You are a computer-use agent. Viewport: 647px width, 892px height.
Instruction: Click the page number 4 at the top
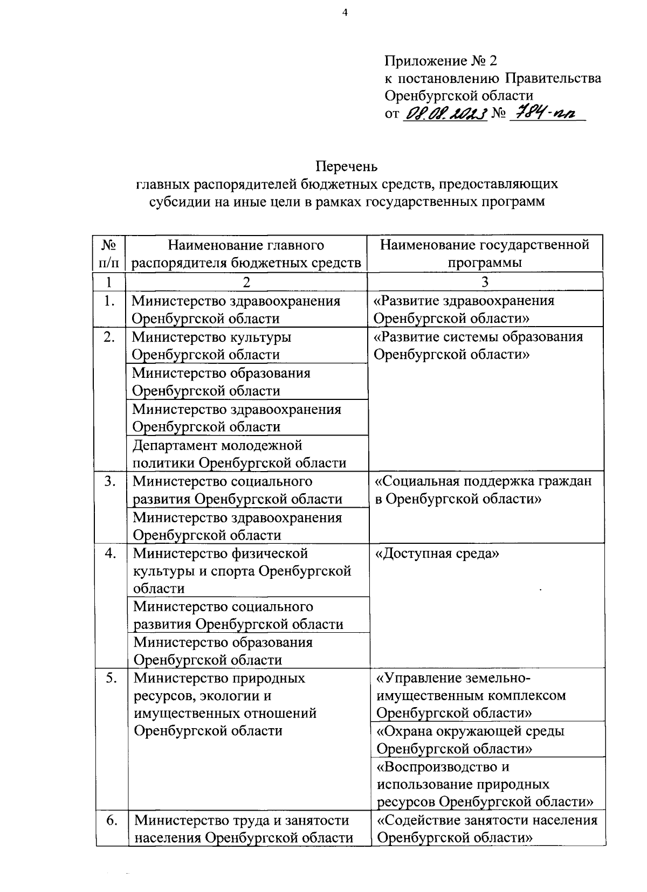pos(345,13)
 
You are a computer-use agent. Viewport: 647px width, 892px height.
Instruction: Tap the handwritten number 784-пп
pos(545,113)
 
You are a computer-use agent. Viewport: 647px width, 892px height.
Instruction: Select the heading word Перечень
pos(347,166)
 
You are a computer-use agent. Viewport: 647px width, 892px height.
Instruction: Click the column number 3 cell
pos(485,282)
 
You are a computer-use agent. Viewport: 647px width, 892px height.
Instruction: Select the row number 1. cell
pos(109,301)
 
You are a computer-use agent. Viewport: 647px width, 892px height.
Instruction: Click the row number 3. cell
pos(110,481)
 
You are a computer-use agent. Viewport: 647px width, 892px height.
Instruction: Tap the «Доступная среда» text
pos(437,554)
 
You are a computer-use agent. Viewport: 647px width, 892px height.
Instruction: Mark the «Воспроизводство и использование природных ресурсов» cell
pos(485,784)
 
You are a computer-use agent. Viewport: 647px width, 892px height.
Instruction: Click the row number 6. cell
pos(112,820)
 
